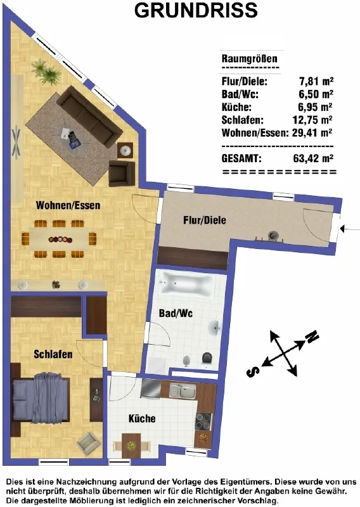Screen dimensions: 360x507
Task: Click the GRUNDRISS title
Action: point(196,10)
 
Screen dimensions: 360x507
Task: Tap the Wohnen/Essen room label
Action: point(68,205)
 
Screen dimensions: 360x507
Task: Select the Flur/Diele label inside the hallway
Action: point(205,220)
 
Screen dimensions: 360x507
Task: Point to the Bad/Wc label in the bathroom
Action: point(176,313)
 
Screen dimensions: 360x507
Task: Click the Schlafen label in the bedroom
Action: point(53,354)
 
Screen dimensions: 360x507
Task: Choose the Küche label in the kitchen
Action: point(142,418)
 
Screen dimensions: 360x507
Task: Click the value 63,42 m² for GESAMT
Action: point(313,158)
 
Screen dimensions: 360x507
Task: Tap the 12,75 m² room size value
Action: point(312,120)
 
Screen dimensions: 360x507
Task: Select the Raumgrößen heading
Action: point(249,59)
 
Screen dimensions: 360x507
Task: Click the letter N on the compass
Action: point(312,337)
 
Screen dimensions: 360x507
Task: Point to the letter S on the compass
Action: point(253,371)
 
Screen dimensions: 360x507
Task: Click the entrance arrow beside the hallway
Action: point(350,229)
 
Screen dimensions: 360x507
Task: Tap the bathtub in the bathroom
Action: point(187,284)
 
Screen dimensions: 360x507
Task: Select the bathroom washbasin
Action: point(214,328)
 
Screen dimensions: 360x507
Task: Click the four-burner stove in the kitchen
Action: point(203,421)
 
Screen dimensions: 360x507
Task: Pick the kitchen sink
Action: point(182,390)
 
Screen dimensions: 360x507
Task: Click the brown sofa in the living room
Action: point(89,115)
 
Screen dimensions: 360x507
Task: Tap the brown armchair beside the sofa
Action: point(122,174)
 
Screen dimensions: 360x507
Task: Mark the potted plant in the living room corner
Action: point(46,72)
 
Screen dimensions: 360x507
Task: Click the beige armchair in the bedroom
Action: point(88,443)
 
